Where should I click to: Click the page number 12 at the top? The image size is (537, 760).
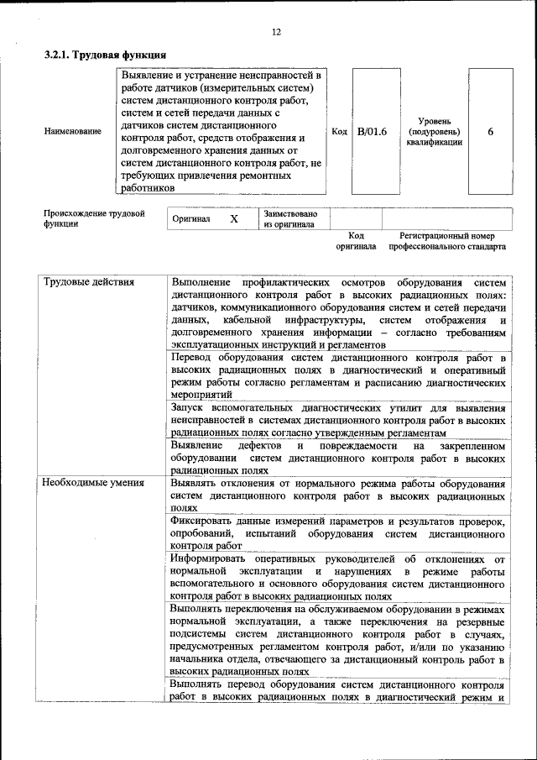click(x=276, y=32)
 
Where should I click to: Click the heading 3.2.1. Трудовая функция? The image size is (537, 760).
click(x=104, y=55)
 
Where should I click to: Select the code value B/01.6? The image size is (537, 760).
click(x=371, y=132)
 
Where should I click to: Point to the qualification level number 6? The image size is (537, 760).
click(x=491, y=132)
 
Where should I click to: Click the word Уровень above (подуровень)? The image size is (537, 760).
click(x=434, y=122)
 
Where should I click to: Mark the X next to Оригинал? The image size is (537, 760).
click(x=234, y=218)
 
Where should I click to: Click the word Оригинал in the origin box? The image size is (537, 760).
click(x=190, y=218)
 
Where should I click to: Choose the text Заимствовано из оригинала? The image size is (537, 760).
click(x=290, y=218)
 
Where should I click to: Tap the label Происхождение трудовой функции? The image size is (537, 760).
click(x=94, y=218)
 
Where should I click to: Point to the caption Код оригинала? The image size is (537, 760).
click(x=356, y=242)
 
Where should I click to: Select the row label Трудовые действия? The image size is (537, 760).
click(x=89, y=282)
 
